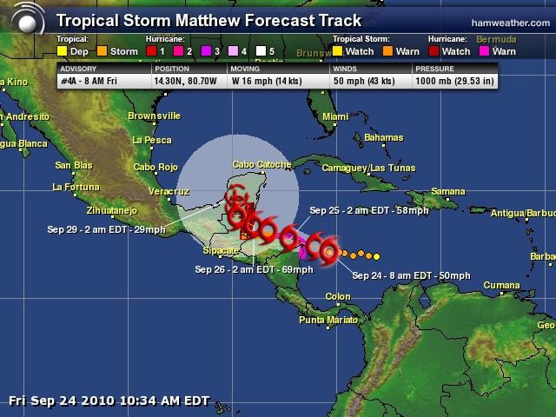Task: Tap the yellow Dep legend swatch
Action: (x=62, y=51)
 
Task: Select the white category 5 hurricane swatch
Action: (x=260, y=51)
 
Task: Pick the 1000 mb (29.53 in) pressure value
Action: (x=454, y=82)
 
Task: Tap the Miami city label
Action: (x=335, y=116)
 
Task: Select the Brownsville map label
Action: (x=154, y=116)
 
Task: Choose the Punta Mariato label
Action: (x=328, y=320)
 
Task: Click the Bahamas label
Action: (x=384, y=138)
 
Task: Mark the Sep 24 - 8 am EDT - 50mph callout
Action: (x=411, y=275)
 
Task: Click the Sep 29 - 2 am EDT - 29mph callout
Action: (x=106, y=229)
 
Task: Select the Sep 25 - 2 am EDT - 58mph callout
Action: (x=369, y=210)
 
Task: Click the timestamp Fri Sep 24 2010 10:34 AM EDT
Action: (x=109, y=400)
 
